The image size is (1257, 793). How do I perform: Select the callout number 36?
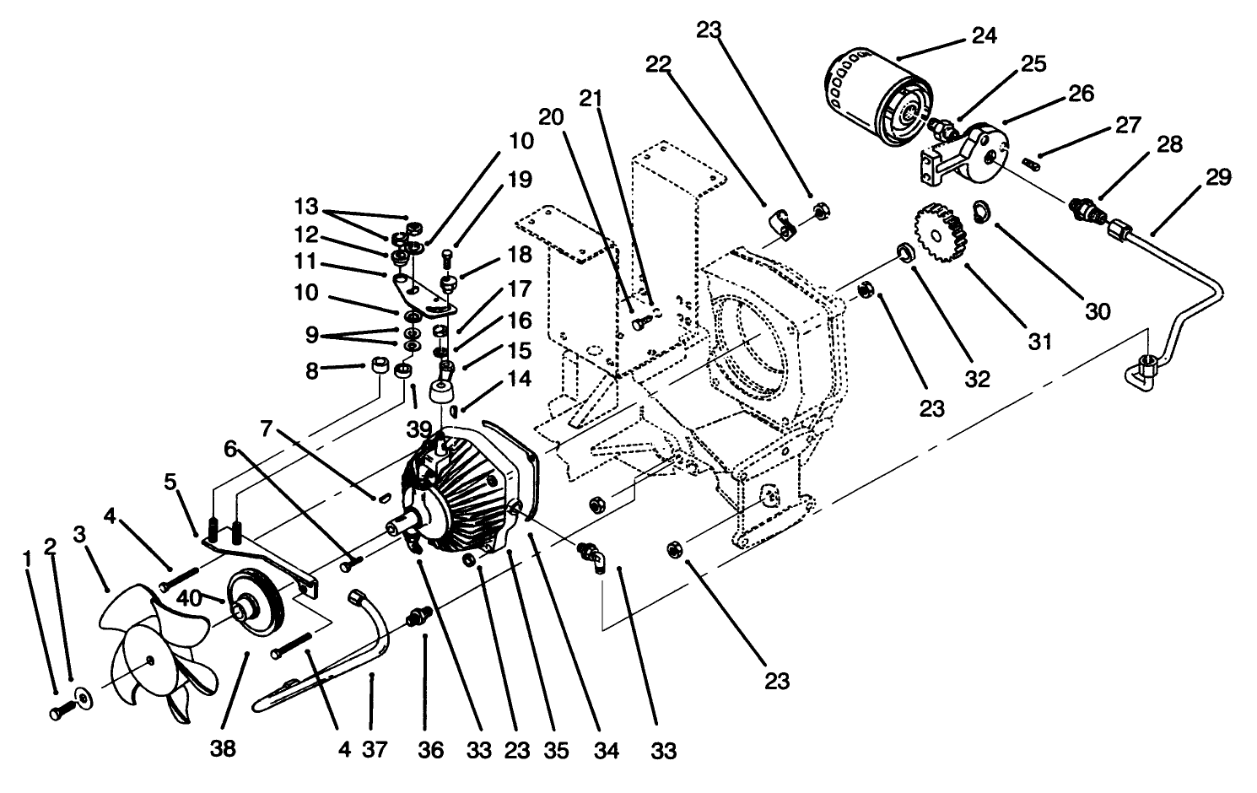pos(431,748)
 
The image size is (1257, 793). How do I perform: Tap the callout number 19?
pos(521,179)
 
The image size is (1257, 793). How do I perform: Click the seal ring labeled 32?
pos(904,252)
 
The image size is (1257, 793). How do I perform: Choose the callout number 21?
pos(591,98)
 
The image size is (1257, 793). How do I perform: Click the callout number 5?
pos(171,482)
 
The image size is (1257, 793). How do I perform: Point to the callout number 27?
pos(1127,125)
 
